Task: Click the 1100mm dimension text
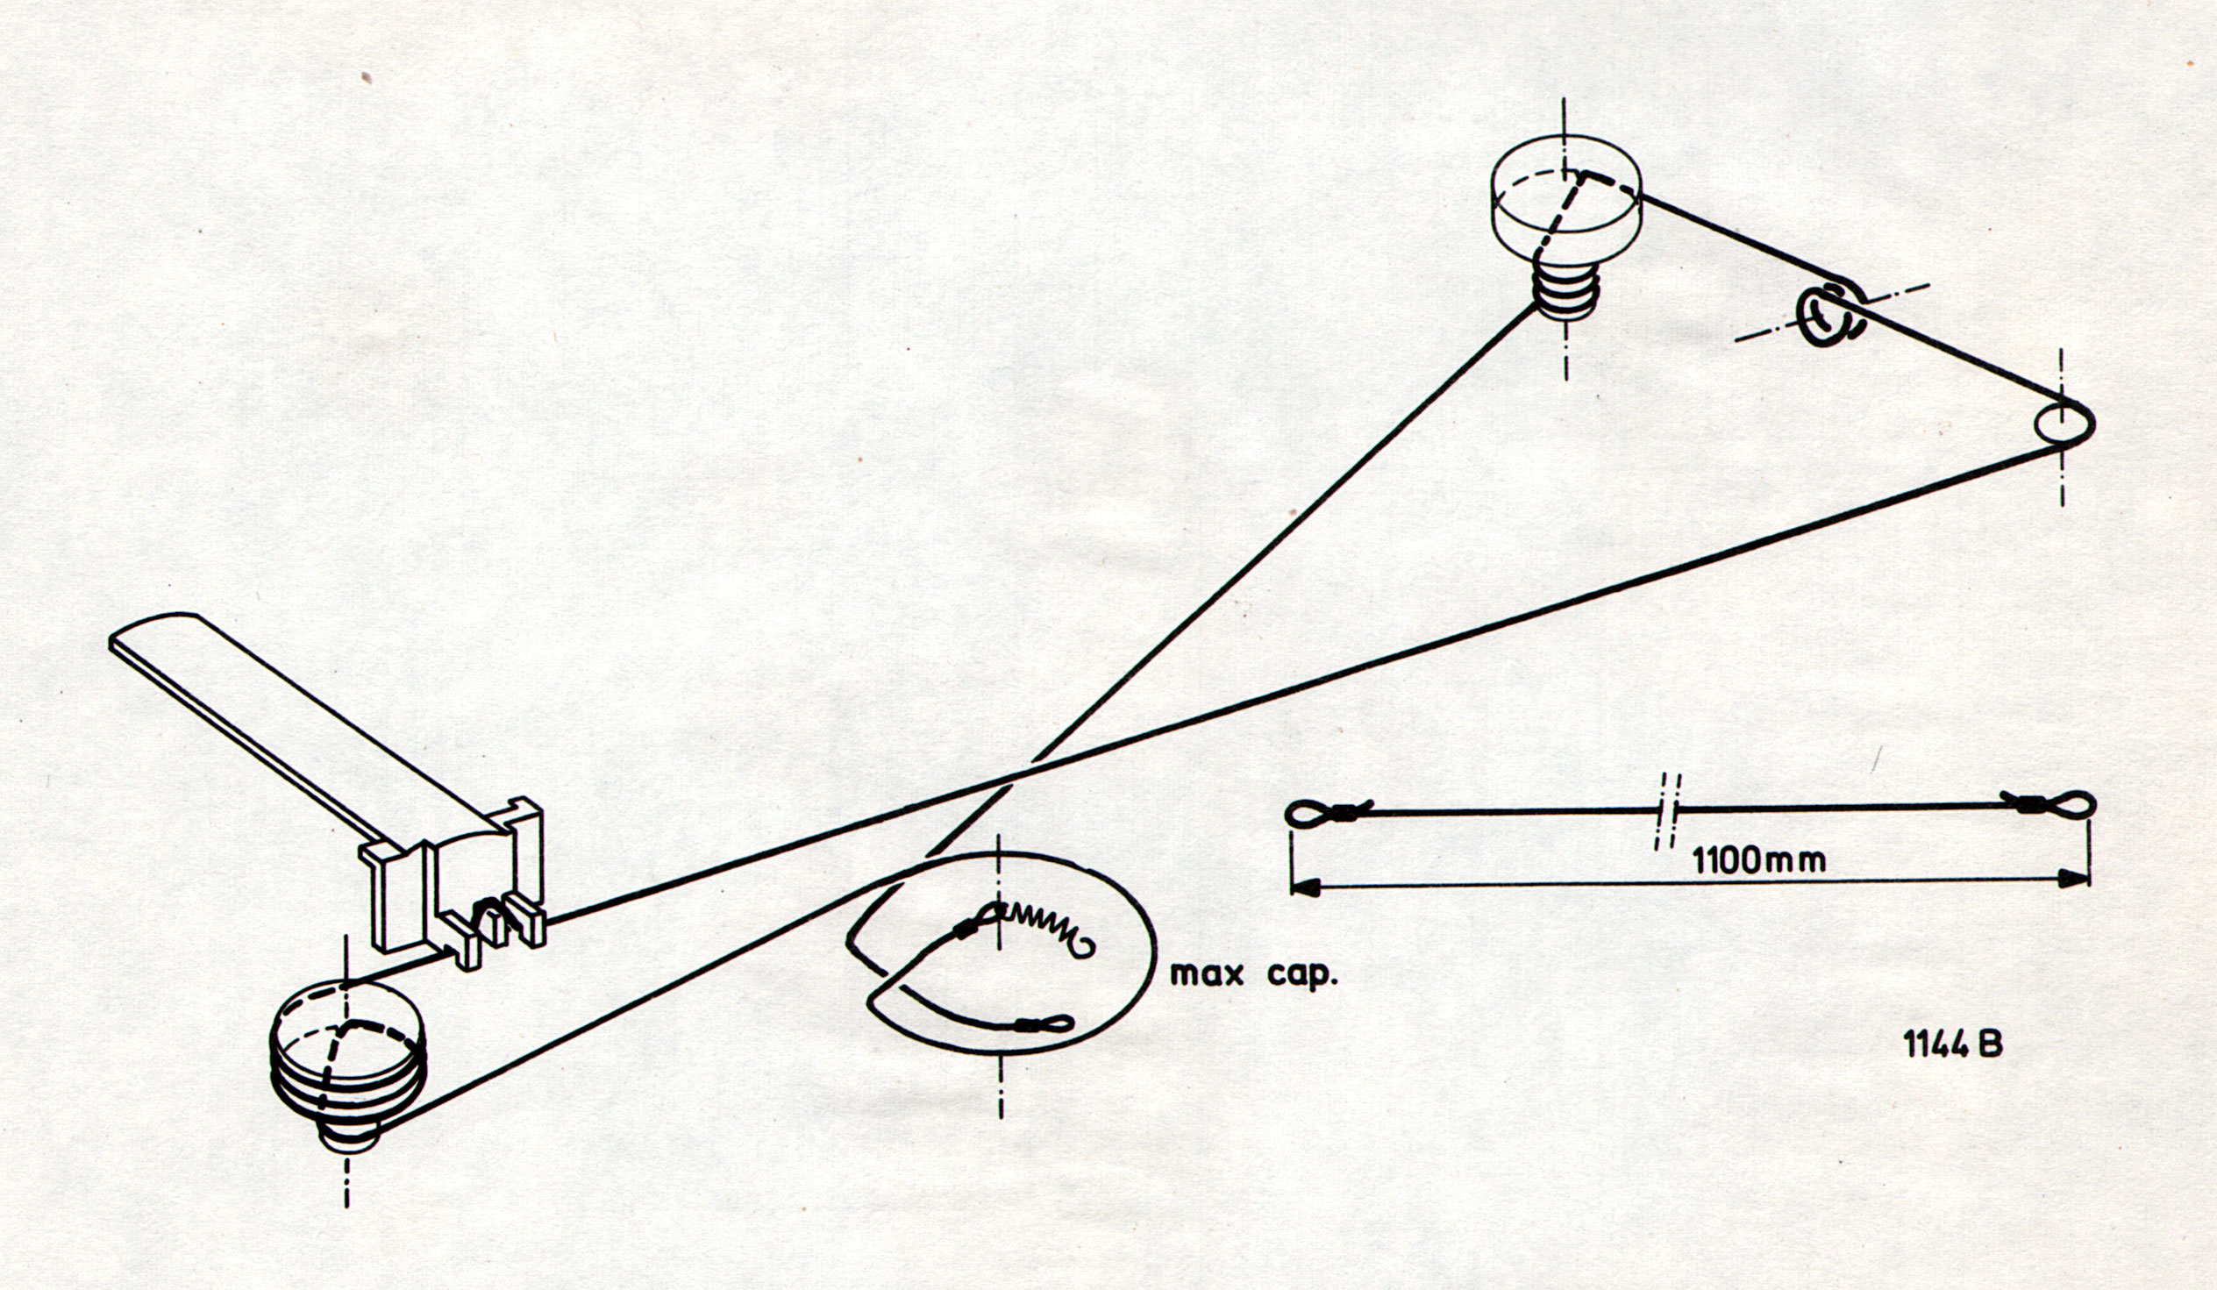pos(1758,859)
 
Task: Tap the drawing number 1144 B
pos(1954,1045)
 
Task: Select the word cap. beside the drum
pos(1301,975)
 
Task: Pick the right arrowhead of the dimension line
pos(2076,877)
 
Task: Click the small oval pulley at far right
pos(2064,424)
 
